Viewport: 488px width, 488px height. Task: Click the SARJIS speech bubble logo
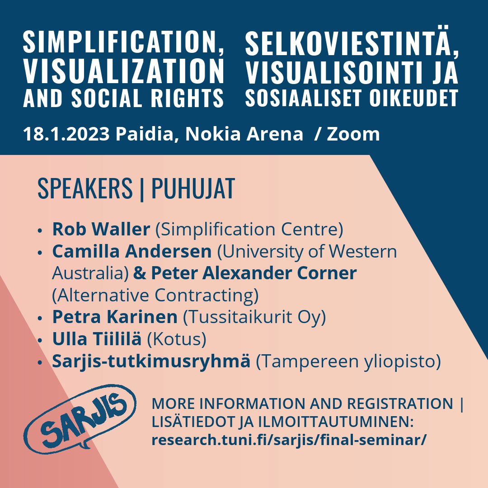click(80, 418)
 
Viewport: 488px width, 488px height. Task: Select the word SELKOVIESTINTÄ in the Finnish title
click(352, 44)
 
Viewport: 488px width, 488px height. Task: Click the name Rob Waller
click(101, 230)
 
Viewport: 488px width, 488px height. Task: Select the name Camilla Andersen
click(132, 251)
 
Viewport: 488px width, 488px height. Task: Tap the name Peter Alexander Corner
click(254, 273)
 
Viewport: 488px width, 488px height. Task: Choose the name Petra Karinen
click(115, 317)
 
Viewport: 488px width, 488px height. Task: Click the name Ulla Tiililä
click(97, 339)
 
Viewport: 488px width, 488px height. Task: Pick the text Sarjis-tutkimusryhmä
click(151, 361)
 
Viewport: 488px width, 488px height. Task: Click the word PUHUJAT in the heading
click(193, 189)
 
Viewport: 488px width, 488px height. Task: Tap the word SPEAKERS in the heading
click(85, 189)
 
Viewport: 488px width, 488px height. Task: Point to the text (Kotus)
click(177, 339)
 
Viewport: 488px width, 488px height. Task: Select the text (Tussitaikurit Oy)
click(254, 317)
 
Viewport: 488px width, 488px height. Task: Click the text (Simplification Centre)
click(249, 230)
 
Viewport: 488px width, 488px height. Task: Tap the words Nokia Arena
click(244, 134)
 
